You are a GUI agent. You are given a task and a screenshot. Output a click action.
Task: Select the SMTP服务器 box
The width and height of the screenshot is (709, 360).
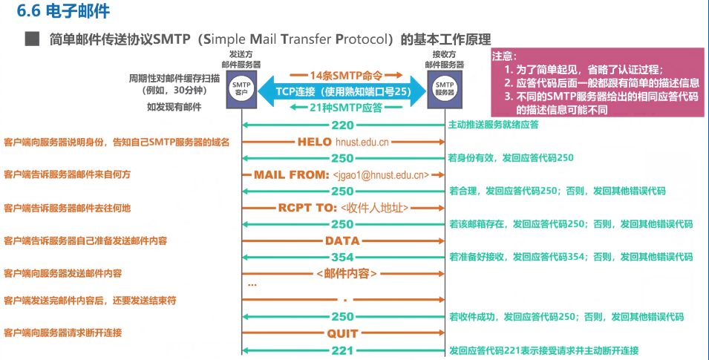click(x=443, y=89)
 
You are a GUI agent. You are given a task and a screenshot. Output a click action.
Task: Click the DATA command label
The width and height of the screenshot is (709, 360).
click(x=342, y=240)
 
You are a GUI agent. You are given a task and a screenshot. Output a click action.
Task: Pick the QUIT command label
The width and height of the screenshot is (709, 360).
click(x=342, y=333)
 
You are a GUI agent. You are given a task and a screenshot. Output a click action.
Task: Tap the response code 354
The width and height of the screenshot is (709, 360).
click(x=342, y=257)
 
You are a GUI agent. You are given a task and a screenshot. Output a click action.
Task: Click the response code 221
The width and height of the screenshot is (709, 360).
click(x=342, y=350)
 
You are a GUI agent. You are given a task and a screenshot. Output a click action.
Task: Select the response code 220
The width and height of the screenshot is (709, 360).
click(x=342, y=125)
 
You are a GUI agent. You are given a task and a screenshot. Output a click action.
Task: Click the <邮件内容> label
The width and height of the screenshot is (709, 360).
click(x=346, y=274)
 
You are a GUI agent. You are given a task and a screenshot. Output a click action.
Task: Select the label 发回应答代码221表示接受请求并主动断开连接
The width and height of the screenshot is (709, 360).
click(x=543, y=350)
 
